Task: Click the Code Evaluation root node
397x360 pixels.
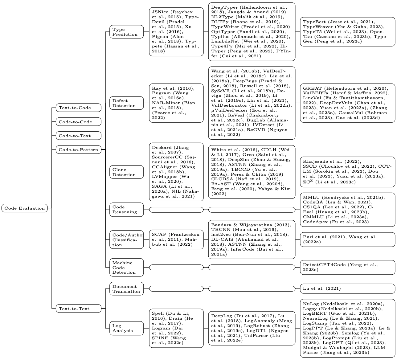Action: tap(25, 208)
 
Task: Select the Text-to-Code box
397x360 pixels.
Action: tap(78, 108)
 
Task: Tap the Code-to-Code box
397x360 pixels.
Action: tap(78, 122)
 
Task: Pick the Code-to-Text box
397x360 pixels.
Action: tap(78, 136)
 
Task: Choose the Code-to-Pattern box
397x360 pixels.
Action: tap(78, 150)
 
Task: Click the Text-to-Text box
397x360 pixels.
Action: tap(78, 309)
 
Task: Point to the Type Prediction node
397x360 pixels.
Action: tap(126, 32)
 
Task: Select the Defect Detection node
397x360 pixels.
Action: tap(126, 103)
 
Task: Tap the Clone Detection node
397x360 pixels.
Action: tap(126, 172)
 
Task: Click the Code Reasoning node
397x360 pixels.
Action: tap(126, 210)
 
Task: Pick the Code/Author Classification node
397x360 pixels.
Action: tap(126, 240)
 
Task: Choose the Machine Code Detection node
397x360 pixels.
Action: tap(126, 267)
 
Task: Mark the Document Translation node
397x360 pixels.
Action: tap(126, 289)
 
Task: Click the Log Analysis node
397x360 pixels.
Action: tap(126, 328)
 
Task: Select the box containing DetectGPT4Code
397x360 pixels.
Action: tap(347, 267)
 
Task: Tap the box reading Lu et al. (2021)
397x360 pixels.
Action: tap(347, 288)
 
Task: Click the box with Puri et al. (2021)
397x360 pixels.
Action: tap(347, 239)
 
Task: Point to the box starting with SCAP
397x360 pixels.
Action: tap(176, 239)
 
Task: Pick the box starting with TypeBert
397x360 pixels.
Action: tap(347, 32)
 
